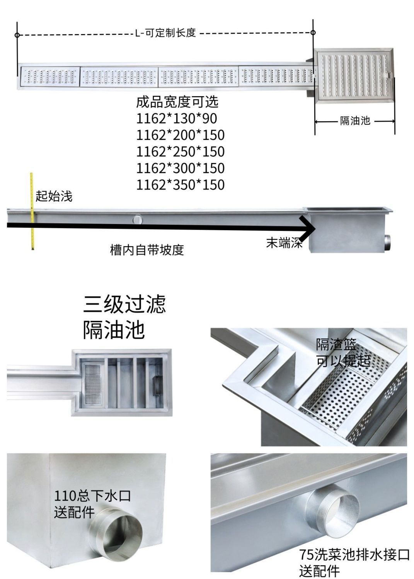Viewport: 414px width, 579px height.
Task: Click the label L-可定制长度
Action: (165, 33)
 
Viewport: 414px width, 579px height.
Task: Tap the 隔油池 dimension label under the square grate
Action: (355, 121)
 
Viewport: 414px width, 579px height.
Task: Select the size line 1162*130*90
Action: (176, 118)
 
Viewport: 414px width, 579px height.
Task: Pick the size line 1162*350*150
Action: (180, 185)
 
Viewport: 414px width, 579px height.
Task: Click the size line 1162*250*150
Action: (180, 151)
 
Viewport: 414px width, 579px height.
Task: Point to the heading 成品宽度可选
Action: (177, 102)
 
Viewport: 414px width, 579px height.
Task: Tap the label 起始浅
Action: (54, 196)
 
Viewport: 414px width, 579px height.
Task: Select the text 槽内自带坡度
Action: (147, 250)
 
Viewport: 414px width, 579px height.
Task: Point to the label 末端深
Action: (284, 243)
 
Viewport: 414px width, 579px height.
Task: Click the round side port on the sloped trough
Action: (138, 220)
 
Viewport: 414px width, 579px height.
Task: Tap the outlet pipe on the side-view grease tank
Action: (388, 242)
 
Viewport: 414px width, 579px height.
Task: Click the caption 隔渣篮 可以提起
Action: (342, 352)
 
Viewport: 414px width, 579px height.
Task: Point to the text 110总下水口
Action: (92, 496)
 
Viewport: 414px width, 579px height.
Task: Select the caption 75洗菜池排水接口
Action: (354, 555)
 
